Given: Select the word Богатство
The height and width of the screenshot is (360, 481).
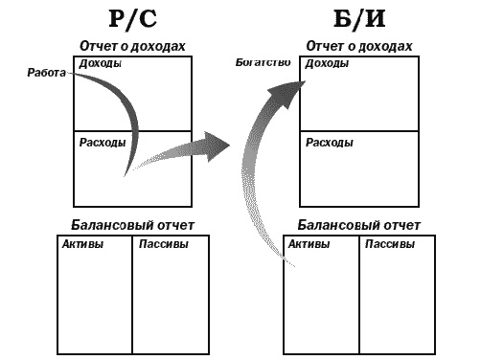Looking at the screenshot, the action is click(263, 63).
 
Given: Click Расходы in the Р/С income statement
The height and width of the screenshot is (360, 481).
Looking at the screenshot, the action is click(101, 143).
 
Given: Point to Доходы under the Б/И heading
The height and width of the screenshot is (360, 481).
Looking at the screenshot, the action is click(327, 64).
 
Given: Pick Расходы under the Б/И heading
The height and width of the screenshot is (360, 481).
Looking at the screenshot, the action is click(330, 143).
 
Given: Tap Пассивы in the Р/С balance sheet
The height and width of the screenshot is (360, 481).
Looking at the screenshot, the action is click(163, 244).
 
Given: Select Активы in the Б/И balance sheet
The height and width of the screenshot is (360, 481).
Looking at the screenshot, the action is click(309, 244).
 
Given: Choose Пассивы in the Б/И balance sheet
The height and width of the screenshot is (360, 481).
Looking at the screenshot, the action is click(391, 244).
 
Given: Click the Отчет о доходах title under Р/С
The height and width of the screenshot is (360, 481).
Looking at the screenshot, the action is click(131, 46).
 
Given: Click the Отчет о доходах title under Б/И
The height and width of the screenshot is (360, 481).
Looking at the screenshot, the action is click(359, 46).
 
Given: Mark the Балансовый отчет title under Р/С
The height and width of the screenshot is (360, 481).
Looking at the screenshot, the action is click(133, 226).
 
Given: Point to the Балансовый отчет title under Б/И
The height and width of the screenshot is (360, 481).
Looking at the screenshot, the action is click(358, 226).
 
